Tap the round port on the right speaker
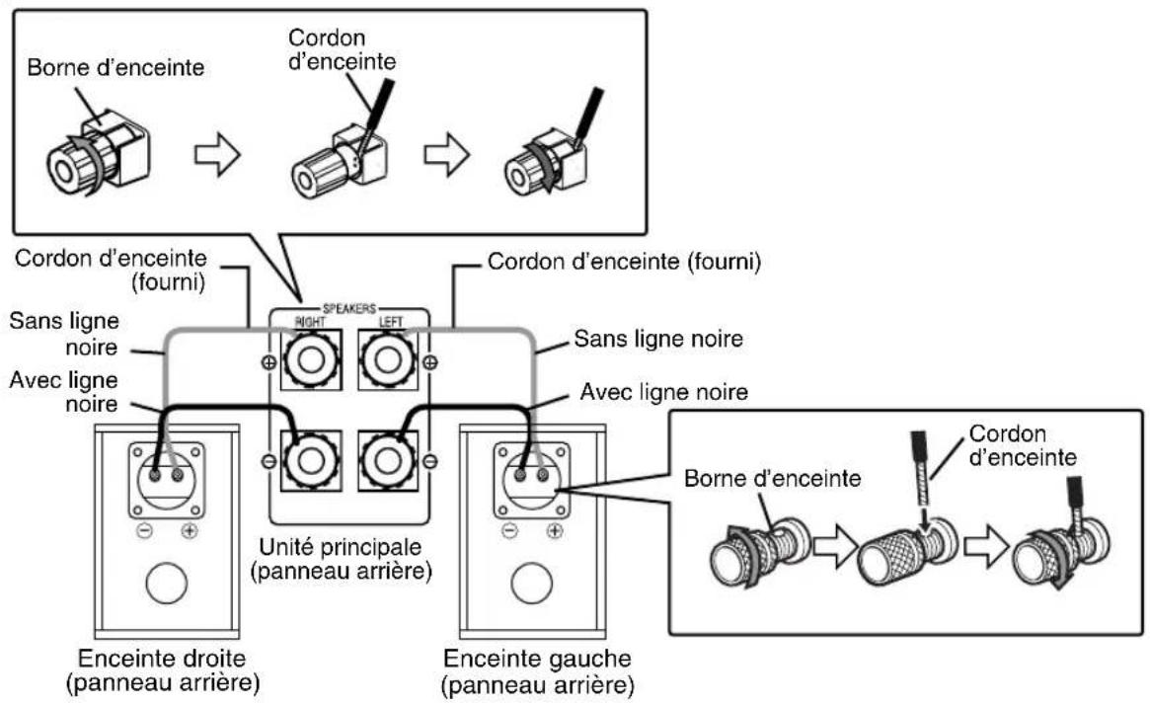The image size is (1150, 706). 165,585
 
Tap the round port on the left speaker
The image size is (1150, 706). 532,585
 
